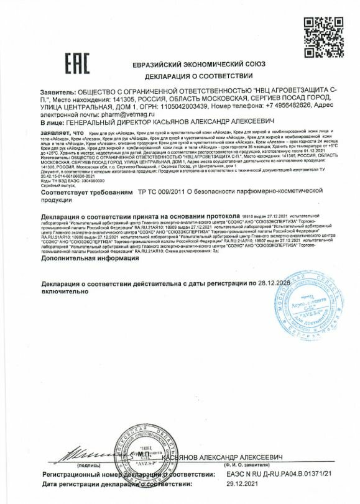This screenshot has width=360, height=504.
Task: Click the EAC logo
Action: (x=77, y=62)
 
